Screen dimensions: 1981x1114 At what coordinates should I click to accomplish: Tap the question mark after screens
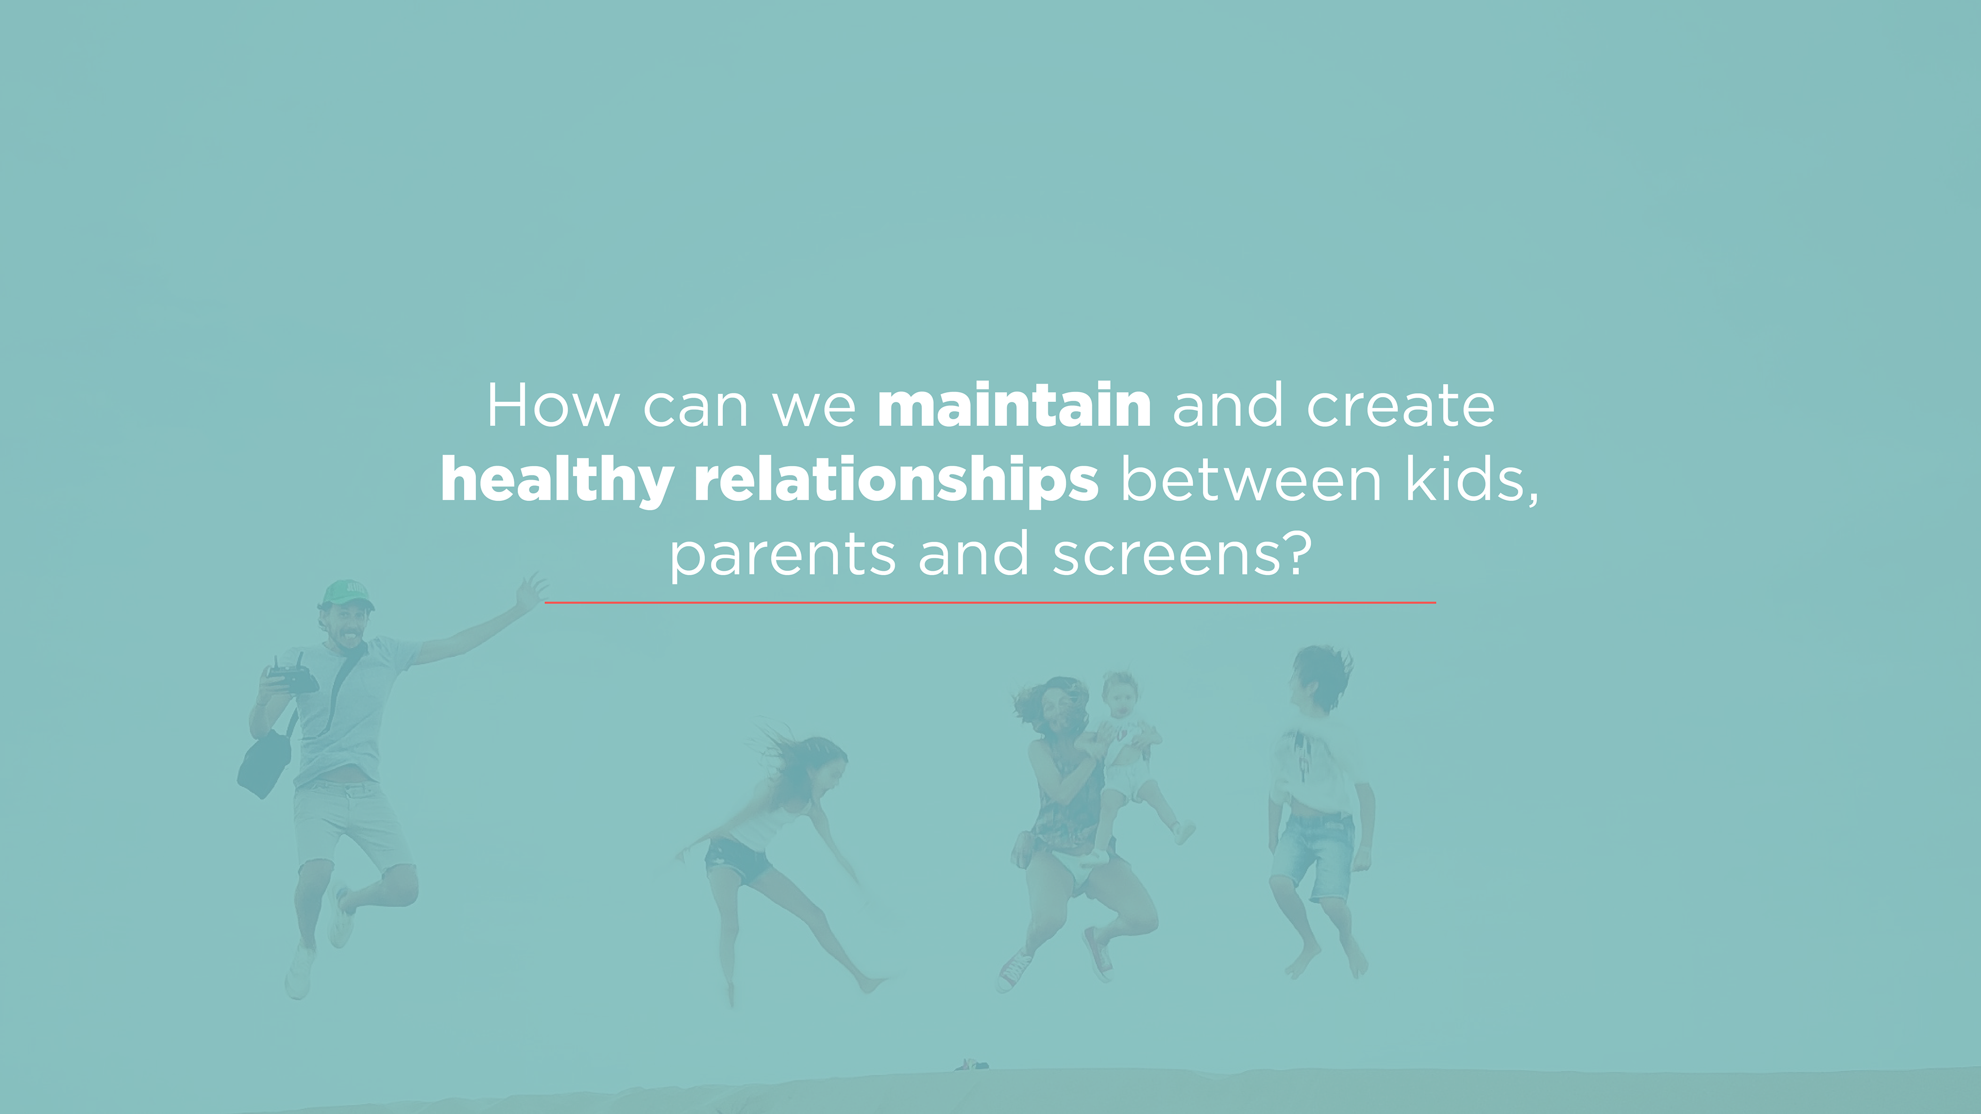click(x=1295, y=553)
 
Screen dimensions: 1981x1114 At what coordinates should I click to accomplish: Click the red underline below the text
click(x=990, y=603)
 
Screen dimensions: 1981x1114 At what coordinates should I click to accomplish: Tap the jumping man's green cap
click(x=348, y=594)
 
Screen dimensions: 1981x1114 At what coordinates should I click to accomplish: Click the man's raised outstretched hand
click(x=531, y=592)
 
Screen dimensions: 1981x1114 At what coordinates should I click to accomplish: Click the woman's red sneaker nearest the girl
click(x=1015, y=970)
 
